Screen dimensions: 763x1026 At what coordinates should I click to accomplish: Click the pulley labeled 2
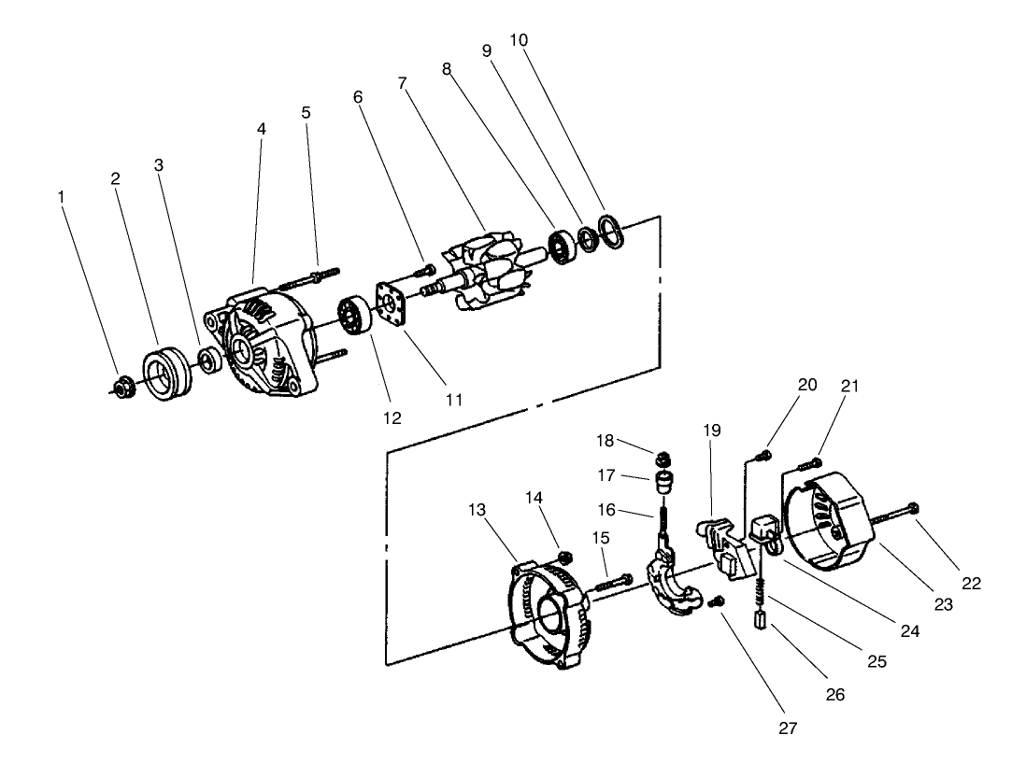(166, 373)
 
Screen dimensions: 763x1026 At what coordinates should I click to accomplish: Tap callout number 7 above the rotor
(402, 83)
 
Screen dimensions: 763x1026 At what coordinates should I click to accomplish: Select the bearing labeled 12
(354, 313)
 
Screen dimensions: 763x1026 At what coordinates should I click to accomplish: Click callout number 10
(520, 40)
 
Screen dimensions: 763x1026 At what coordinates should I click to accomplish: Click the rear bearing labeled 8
(563, 247)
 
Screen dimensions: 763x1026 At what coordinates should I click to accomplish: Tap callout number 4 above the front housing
(262, 129)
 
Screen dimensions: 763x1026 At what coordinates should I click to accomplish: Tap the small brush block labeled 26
(760, 621)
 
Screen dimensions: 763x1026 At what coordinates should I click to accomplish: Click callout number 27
(789, 728)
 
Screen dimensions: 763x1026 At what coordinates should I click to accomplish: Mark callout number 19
(712, 431)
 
